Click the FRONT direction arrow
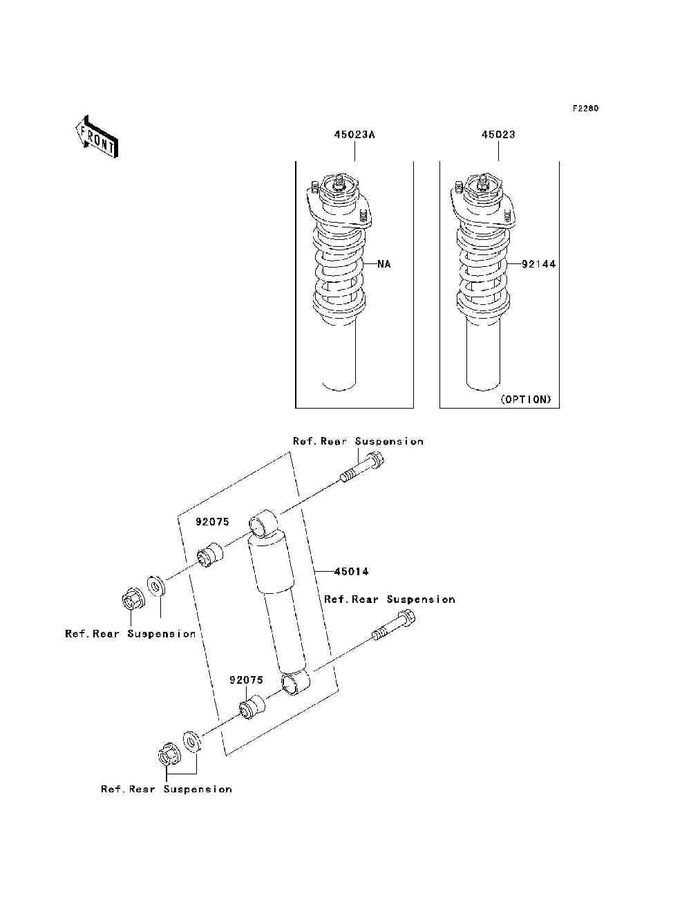tap(96, 138)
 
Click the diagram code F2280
tap(585, 109)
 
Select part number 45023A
tap(354, 135)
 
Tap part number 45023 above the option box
tap(498, 135)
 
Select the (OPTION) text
tap(526, 400)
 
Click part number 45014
tap(351, 572)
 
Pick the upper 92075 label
tap(211, 523)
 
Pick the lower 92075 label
tap(246, 680)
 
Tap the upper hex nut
tap(133, 598)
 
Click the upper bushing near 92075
tap(210, 555)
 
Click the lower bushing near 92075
tap(252, 709)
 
